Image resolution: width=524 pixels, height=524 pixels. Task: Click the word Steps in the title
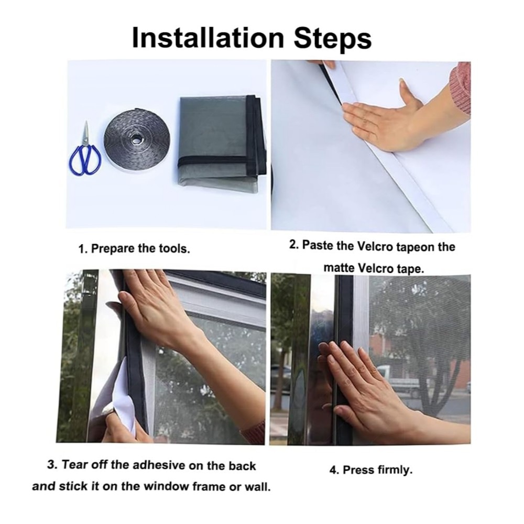333,39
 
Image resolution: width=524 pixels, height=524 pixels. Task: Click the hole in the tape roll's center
136,138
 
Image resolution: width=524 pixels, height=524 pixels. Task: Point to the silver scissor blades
86,134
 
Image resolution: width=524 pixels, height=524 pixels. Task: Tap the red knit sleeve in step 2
460,88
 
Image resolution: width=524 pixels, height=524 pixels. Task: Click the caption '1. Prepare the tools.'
134,248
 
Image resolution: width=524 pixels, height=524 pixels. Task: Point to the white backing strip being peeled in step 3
124,395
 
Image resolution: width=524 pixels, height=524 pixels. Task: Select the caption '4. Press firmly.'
371,470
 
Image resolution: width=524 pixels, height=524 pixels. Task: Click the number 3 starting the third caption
51,465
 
